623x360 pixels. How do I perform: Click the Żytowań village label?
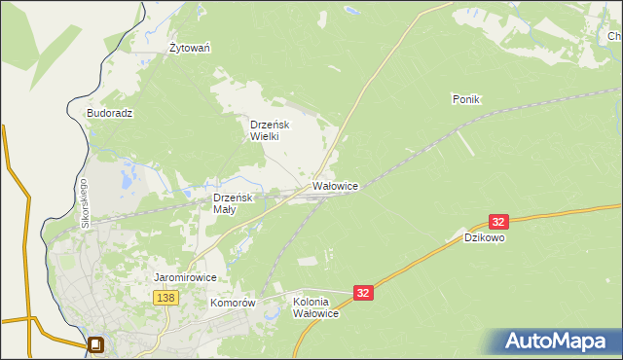[x=191, y=48]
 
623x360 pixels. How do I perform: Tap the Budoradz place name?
[x=109, y=113]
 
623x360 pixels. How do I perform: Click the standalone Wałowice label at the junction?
[x=336, y=185]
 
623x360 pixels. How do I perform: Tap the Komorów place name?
[x=233, y=303]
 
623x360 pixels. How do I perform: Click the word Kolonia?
[x=315, y=302]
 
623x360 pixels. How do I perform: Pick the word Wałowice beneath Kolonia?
[x=315, y=313]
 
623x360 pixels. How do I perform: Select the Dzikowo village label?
[x=485, y=236]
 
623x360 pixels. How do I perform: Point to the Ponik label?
[x=467, y=99]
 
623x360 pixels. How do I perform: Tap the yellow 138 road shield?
[x=165, y=298]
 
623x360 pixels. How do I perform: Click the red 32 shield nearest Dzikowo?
[x=498, y=222]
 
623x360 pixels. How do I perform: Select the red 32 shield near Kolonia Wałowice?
[x=363, y=292]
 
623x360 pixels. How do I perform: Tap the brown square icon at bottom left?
[x=95, y=344]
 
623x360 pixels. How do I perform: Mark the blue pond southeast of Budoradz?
[x=126, y=181]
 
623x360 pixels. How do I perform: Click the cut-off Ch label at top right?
[x=614, y=37]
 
